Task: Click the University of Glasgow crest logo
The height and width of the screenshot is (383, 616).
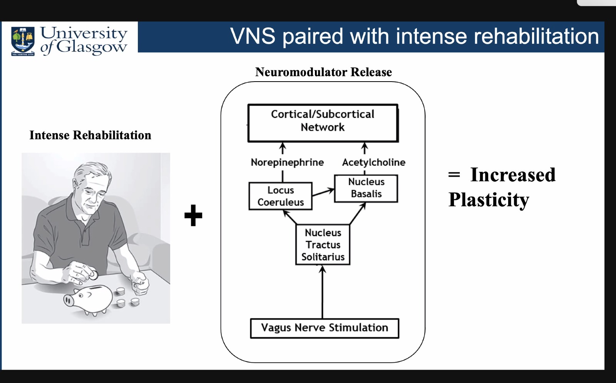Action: click(x=23, y=40)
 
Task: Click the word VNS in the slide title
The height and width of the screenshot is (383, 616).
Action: click(x=253, y=37)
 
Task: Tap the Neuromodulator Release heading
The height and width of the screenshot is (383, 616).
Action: click(x=323, y=72)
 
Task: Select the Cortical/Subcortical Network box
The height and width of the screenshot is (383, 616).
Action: click(x=323, y=123)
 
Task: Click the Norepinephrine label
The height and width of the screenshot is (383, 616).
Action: click(x=287, y=162)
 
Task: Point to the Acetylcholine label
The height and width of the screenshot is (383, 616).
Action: click(x=373, y=162)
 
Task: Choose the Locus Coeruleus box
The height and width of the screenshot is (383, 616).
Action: click(x=280, y=196)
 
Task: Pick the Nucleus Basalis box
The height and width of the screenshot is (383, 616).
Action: click(x=366, y=188)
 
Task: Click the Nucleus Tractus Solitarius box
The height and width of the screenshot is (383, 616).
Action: click(x=323, y=245)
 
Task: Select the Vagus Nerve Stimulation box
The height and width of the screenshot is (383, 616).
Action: click(x=325, y=328)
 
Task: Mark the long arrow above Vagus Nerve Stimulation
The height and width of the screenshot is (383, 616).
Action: click(x=323, y=293)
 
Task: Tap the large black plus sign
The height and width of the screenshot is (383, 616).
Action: click(x=193, y=215)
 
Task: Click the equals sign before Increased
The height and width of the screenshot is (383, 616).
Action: click(x=454, y=175)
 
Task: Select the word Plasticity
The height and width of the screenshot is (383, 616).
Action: click(x=489, y=200)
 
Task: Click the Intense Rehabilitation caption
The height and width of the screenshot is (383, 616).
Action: click(x=90, y=135)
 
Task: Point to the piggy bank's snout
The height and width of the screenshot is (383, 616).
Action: click(x=69, y=300)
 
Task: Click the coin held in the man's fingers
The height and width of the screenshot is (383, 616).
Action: click(x=93, y=275)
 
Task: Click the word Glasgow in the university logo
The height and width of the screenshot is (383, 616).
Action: click(x=92, y=47)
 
